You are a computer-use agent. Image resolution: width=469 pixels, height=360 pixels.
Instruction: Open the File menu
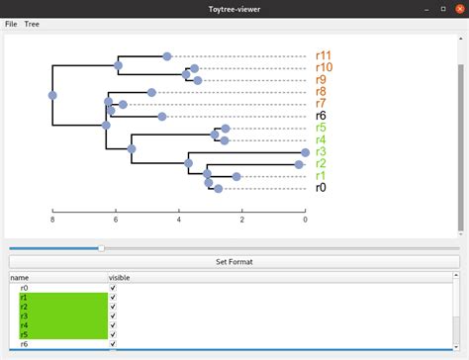[x=11, y=23]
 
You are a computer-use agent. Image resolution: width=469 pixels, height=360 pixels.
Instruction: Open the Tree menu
[x=32, y=23]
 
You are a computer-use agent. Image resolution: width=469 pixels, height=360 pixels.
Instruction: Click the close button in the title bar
[x=455, y=8]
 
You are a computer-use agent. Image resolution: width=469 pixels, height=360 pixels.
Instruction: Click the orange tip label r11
[x=324, y=56]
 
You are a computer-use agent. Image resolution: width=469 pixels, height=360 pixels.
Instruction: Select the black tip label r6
[x=321, y=116]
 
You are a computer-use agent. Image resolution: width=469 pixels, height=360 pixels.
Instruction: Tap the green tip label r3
[x=321, y=151]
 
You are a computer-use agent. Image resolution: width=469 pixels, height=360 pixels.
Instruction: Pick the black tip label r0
[x=321, y=187]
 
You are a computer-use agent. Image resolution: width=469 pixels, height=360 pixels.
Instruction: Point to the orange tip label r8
[x=321, y=92]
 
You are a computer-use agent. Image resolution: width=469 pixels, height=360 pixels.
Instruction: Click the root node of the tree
[x=52, y=96]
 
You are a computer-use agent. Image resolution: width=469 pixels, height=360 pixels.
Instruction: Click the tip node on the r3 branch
[x=305, y=153]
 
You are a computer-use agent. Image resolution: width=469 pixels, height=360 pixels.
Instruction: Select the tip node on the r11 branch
[x=167, y=56]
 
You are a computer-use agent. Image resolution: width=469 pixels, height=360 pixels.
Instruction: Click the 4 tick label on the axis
[x=179, y=220]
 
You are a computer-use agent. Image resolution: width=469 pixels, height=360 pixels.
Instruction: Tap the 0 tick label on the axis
[x=306, y=220]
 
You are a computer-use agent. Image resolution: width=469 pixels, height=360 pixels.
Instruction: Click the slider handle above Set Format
[x=101, y=247]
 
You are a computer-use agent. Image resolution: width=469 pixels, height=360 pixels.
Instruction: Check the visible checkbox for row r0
[x=113, y=287]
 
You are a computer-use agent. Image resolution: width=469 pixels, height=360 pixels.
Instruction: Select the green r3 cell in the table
[x=59, y=315]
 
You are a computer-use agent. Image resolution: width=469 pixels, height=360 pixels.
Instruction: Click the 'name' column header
[x=20, y=278]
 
